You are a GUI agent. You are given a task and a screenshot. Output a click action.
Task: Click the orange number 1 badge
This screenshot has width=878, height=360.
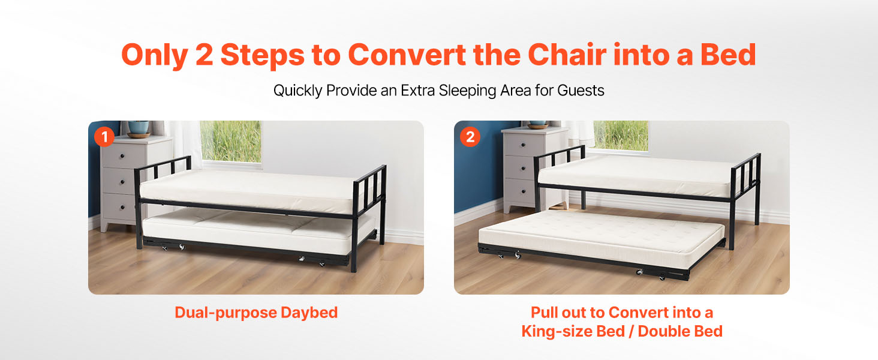pos(104,137)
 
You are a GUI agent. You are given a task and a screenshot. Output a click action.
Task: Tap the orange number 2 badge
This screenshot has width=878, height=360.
pos(470,137)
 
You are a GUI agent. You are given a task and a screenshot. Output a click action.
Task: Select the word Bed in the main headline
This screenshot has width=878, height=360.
pos(728,55)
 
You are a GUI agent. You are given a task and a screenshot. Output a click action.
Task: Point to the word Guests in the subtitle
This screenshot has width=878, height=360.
pos(581,91)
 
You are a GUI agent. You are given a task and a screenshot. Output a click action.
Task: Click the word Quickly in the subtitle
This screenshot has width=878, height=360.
pos(297,91)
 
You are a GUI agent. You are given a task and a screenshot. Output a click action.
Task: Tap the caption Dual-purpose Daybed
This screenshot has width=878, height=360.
pos(256,313)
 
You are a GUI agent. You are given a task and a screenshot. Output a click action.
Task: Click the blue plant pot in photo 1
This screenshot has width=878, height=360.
pos(139,127)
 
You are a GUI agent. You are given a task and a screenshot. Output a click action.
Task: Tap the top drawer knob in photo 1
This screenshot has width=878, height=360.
pos(122,156)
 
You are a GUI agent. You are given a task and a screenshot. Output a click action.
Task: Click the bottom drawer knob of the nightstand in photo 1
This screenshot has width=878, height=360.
pos(122,207)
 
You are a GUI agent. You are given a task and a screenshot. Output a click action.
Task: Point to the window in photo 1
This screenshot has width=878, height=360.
pos(231,142)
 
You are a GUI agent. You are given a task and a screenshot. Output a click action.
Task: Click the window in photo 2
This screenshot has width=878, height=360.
pos(621,136)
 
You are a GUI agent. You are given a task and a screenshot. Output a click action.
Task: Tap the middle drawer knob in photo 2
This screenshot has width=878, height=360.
pos(523,169)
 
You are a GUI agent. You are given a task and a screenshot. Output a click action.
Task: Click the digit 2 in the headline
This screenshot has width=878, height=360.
pos(205,55)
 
